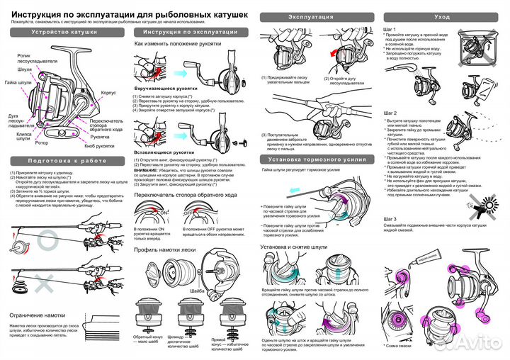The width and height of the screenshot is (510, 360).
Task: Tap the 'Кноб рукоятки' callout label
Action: point(99,145)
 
